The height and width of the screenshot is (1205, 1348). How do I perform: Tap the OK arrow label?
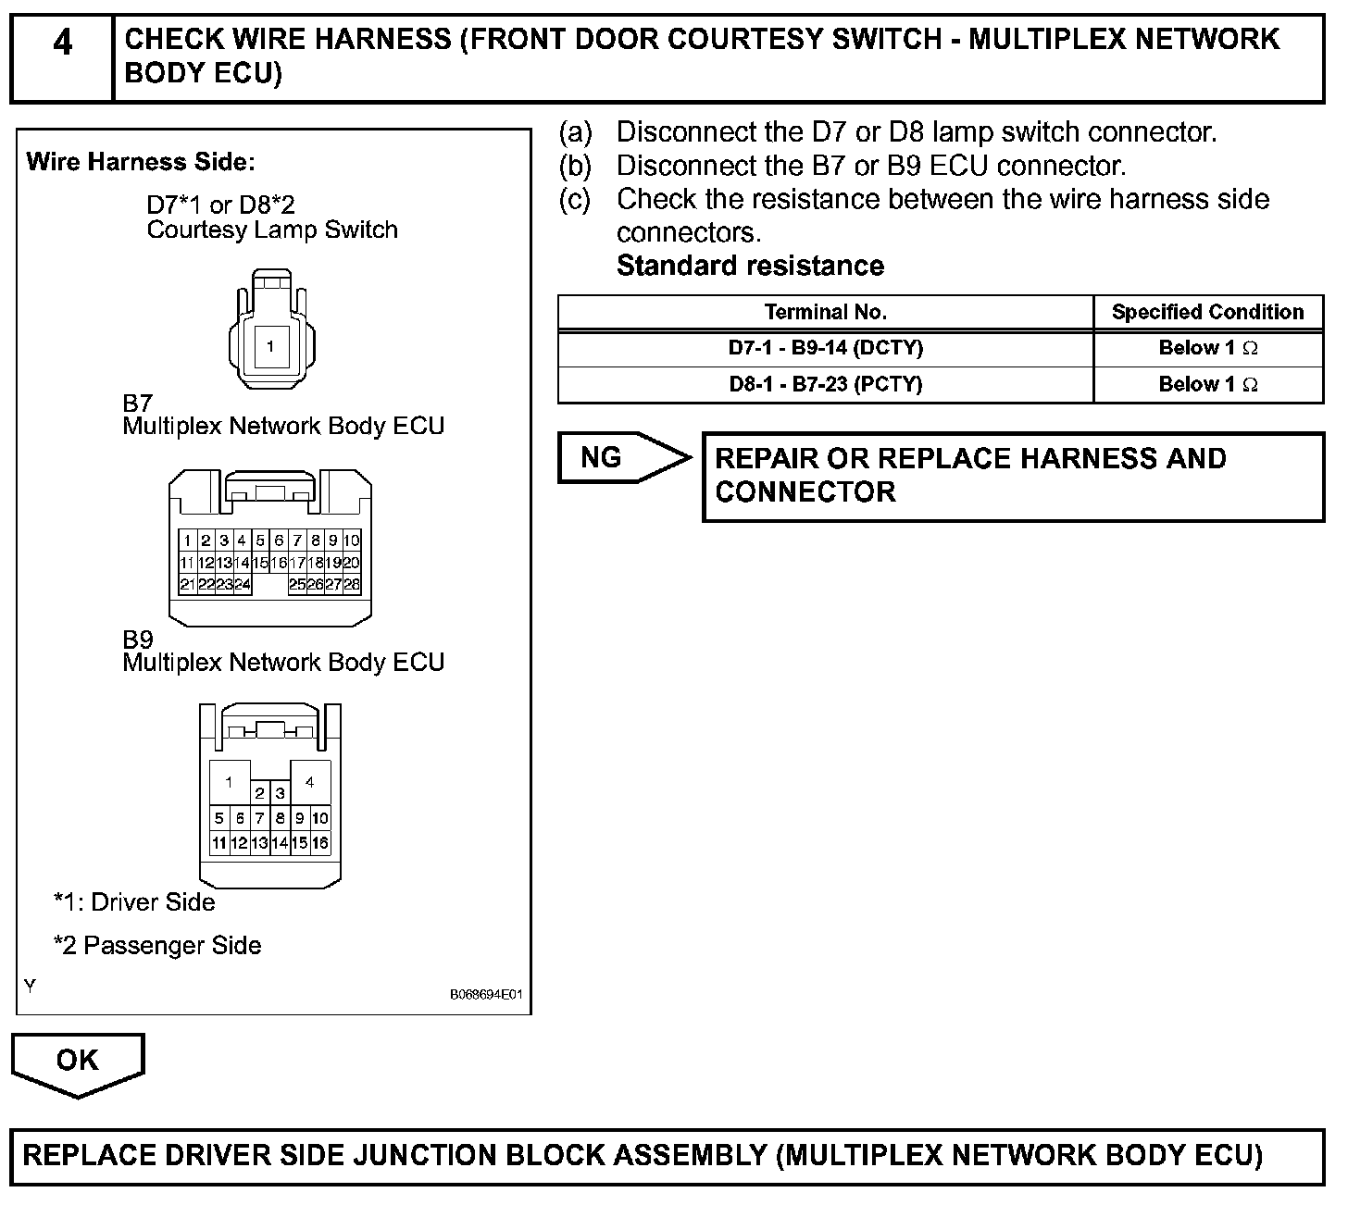pos(78,1061)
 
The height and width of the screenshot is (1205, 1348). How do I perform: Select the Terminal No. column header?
pos(825,312)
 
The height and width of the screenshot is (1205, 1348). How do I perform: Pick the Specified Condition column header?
pos(1207,312)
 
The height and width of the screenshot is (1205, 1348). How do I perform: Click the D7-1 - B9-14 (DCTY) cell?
pos(825,348)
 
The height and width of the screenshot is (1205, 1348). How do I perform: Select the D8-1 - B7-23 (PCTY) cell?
pos(825,384)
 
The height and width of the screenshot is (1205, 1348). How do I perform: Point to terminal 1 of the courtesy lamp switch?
pos(270,347)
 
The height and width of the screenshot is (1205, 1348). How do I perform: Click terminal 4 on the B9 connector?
pos(310,782)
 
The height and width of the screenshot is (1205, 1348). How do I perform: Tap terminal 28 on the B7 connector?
pos(352,584)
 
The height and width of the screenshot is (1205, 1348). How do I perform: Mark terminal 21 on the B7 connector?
pos(187,584)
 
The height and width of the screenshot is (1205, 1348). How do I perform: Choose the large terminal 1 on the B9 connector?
pos(229,782)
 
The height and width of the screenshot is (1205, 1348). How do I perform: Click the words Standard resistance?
pos(750,266)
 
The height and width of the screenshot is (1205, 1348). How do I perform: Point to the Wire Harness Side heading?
pos(141,162)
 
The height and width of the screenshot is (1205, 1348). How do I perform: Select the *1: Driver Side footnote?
pos(134,902)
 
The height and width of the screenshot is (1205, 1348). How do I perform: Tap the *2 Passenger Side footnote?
pos(157,945)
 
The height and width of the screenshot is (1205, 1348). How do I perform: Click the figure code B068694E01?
pos(486,995)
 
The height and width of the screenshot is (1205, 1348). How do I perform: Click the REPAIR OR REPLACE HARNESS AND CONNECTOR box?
pos(1013,476)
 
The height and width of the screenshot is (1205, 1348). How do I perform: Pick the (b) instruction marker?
pos(574,166)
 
